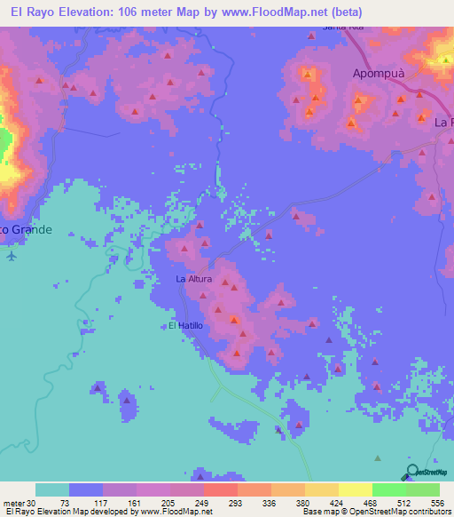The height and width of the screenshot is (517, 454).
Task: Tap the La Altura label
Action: click(192, 280)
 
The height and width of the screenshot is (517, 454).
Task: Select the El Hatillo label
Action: click(186, 326)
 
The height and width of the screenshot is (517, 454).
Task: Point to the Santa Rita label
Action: click(343, 28)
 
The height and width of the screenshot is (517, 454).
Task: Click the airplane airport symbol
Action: click(11, 257)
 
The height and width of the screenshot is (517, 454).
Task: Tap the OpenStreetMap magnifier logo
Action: click(411, 472)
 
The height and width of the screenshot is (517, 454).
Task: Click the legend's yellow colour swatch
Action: click(356, 489)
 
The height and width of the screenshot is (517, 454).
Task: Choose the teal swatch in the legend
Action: click(52, 489)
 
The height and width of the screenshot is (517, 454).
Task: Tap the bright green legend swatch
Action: click(389, 489)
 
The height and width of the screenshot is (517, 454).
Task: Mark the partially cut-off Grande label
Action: click(27, 229)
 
